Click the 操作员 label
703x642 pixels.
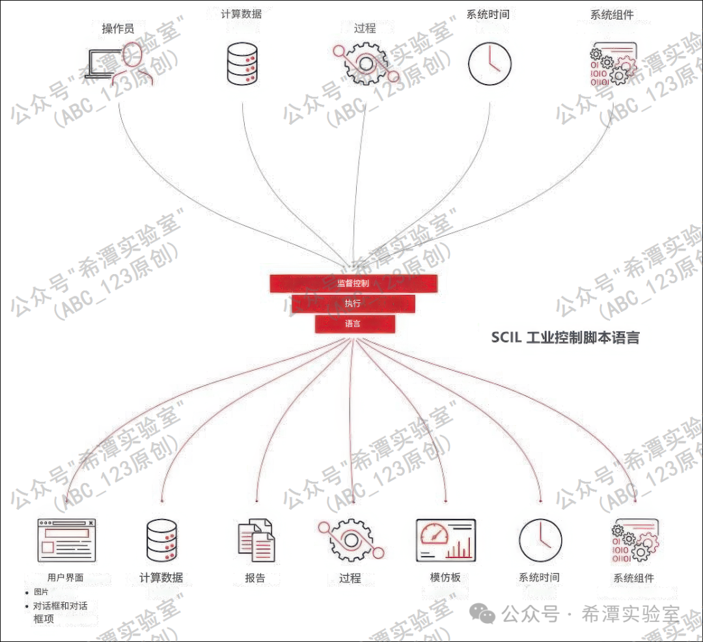(118, 29)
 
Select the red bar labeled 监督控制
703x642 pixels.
(353, 283)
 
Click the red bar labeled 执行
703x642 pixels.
(353, 303)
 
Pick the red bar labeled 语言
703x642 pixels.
(355, 324)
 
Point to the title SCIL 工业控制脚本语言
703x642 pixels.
(565, 337)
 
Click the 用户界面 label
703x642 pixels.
(66, 577)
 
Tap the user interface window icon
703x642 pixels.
(66, 540)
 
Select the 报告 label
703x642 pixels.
(255, 578)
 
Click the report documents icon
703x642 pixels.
(256, 540)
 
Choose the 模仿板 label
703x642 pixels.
(445, 577)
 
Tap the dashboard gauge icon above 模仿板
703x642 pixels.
(446, 540)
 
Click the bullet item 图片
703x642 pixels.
(41, 592)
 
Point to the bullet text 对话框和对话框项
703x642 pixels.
(60, 612)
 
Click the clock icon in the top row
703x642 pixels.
(489, 63)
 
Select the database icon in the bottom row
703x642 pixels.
(162, 540)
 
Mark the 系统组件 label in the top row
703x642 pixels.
(612, 14)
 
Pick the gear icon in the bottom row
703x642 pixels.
(350, 540)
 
